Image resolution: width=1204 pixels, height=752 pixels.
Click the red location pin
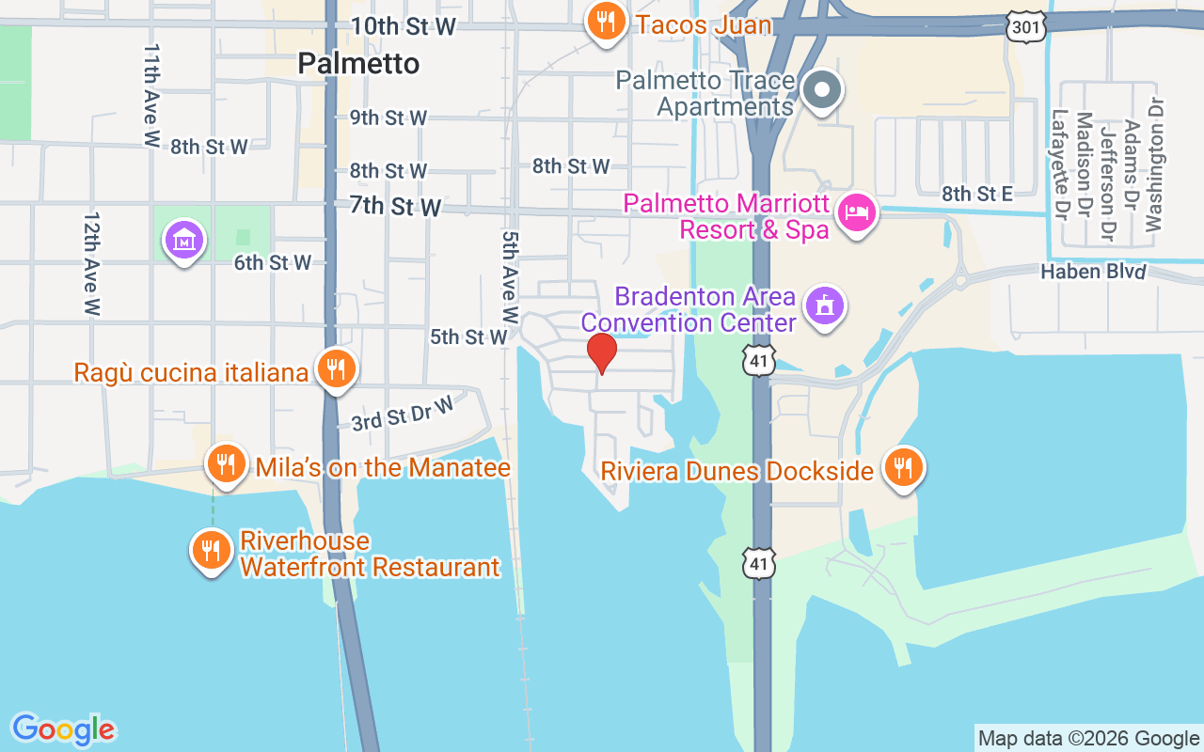601,353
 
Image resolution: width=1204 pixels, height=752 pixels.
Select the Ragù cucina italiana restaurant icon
334,369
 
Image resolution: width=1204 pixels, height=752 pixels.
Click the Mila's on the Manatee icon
226,462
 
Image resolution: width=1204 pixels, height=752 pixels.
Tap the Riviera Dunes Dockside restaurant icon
903,466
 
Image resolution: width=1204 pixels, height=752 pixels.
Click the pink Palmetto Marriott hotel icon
857,213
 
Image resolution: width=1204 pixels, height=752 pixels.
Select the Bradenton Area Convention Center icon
825,305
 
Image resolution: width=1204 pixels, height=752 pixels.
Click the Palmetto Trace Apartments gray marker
823,91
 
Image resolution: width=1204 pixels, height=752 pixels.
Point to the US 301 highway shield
1025,27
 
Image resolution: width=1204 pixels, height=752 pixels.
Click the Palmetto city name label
358,63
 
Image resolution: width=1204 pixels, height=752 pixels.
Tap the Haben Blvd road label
1093,272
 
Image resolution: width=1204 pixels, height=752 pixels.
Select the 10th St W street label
404,26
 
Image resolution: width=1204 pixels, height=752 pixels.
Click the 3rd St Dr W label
403,414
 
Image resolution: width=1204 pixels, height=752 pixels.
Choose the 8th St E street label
977,195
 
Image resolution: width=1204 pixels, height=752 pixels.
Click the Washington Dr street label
1154,164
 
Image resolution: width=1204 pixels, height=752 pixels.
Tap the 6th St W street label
273,262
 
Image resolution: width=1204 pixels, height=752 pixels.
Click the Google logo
63,729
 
